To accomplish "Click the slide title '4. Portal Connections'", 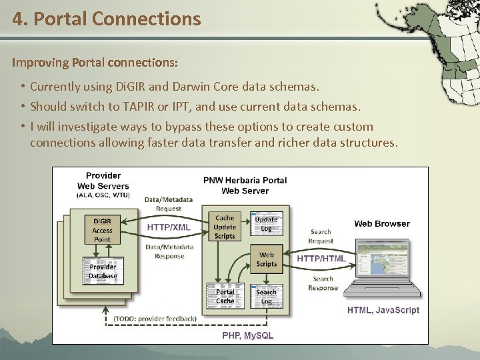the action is pos(106,19).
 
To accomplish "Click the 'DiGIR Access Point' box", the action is pos(102,230).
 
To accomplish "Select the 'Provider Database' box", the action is pos(103,271).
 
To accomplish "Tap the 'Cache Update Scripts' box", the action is pos(225,227).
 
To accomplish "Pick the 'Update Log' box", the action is pos(267,224).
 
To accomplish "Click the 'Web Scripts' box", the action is pos(267,259).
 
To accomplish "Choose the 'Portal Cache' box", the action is pos(225,296).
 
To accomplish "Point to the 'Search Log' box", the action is pos(267,296).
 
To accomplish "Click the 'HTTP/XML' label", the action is pos(169,227).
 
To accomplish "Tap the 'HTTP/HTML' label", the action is pos(321,258).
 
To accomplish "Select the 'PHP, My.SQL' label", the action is pos(248,335).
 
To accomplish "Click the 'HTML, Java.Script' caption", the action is pos(383,310).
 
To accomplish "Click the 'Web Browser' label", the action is pos(382,224).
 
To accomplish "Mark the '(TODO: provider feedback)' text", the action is pos(155,319).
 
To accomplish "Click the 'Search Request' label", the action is pos(321,236).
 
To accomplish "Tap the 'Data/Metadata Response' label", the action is pos(169,251).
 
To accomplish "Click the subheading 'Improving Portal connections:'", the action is pos(95,63).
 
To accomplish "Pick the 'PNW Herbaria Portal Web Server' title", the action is pos(245,185).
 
